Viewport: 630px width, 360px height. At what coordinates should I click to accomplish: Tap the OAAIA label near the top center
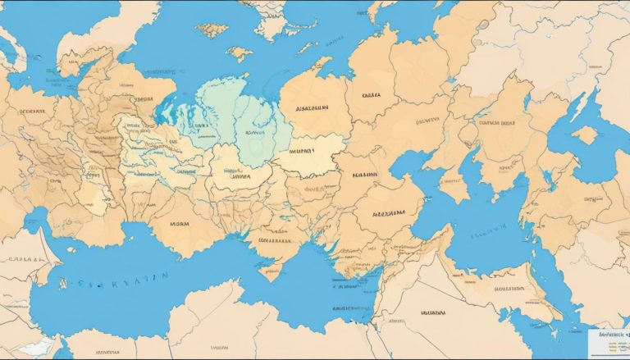(366, 95)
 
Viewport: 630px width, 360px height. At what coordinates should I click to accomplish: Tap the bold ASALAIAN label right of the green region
(310, 107)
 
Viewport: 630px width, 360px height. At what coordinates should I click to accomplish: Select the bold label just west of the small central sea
(365, 175)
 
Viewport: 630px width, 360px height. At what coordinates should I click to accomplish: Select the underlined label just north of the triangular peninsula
(275, 241)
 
